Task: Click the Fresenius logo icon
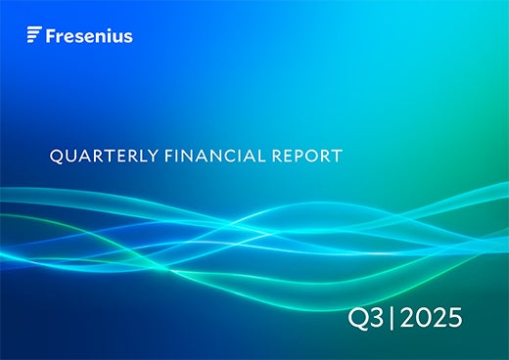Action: point(33,36)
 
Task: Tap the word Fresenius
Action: point(88,36)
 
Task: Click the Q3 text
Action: point(371,319)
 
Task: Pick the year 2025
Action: point(432,319)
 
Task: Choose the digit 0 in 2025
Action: point(424,319)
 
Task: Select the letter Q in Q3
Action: point(362,319)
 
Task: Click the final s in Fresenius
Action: point(128,37)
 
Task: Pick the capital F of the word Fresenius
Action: point(50,36)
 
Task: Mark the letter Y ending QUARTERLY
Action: point(131,155)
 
